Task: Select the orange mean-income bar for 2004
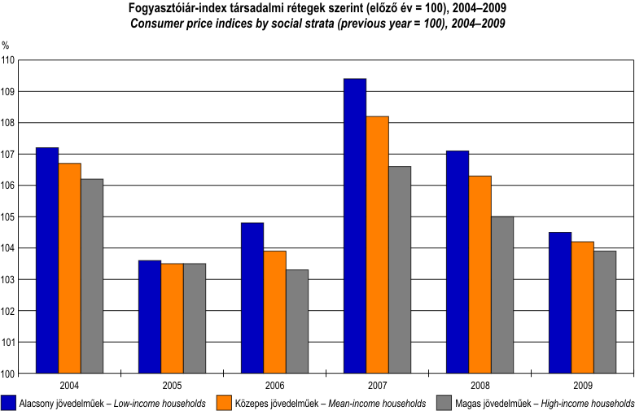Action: coord(69,269)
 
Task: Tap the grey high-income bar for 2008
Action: coord(502,295)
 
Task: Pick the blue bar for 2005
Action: coord(149,317)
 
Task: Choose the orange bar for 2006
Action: coord(274,313)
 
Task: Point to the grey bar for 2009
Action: coord(605,313)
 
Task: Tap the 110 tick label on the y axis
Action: coord(8,60)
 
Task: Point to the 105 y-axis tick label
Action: coord(8,217)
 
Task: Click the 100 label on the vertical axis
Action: coord(8,374)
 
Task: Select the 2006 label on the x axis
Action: coord(274,385)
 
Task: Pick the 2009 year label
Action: coord(582,385)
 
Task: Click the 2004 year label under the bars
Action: coord(69,385)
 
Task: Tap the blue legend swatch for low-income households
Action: coord(10,402)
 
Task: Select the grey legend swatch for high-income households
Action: coord(444,402)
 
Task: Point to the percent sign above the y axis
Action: coord(6,45)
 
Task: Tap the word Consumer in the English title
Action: coord(155,24)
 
